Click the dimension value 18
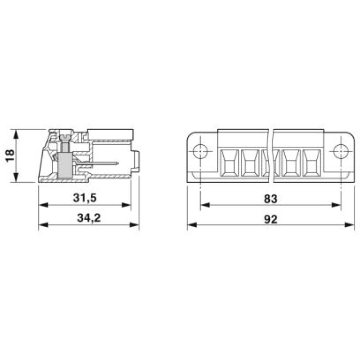[10, 156]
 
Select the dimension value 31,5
[85, 198]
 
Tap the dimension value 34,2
[89, 218]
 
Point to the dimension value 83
[271, 198]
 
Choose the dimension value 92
[271, 219]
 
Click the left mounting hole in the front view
[200, 152]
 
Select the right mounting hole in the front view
[341, 152]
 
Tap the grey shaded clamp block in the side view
[65, 165]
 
